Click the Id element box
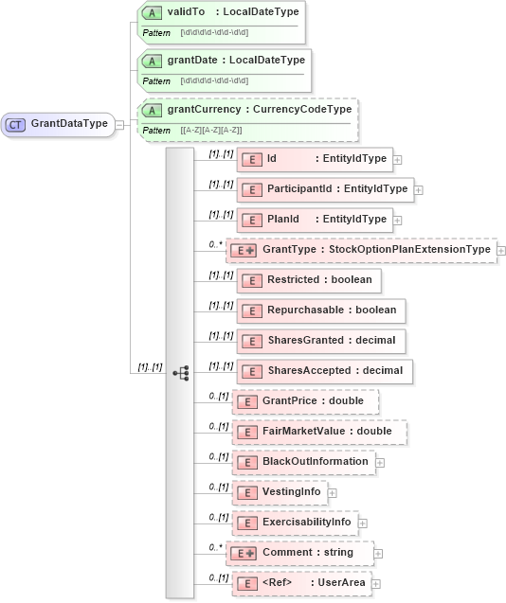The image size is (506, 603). (x=314, y=159)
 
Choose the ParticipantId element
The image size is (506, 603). (x=324, y=189)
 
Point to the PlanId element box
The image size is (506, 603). (x=314, y=220)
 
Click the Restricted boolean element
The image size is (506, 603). (x=309, y=280)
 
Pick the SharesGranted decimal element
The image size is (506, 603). (x=321, y=341)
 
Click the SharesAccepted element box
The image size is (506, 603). (x=324, y=371)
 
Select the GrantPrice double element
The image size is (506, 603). (x=306, y=401)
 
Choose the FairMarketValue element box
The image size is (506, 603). (x=320, y=432)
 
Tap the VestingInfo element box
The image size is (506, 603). (x=280, y=492)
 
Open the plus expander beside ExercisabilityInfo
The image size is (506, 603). (x=363, y=523)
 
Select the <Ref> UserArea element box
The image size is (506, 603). (x=300, y=583)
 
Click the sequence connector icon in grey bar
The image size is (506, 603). (x=180, y=373)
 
